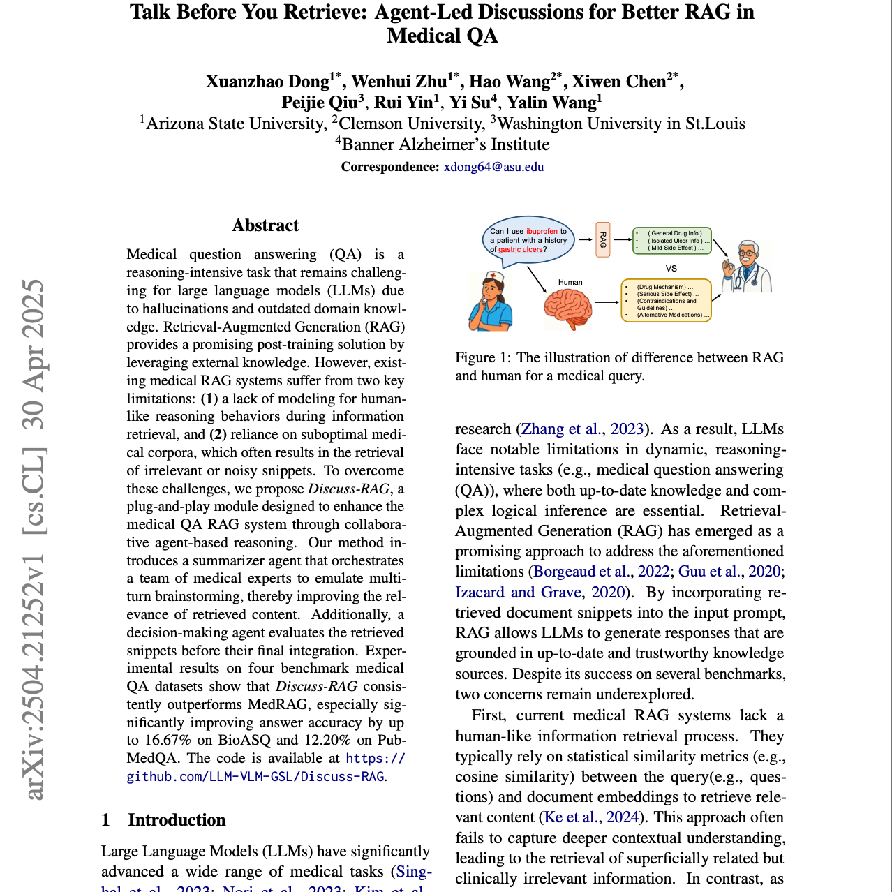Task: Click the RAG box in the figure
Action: (x=603, y=239)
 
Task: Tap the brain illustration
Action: (x=568, y=309)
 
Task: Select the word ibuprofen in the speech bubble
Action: (x=542, y=231)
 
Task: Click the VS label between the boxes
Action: (x=671, y=268)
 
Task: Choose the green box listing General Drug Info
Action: (x=672, y=240)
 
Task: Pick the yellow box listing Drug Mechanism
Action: (x=666, y=301)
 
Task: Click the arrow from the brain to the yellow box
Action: (x=607, y=302)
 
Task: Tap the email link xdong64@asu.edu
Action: (x=493, y=167)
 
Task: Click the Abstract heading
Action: (x=265, y=225)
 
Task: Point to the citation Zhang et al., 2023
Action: (x=581, y=429)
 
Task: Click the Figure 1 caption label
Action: (x=484, y=357)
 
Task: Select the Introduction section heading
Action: (x=177, y=820)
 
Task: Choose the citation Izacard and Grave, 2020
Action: (x=540, y=593)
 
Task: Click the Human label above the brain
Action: (x=570, y=282)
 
